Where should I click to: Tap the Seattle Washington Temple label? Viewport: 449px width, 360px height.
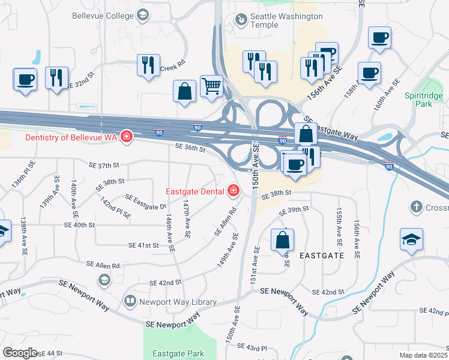[279, 20]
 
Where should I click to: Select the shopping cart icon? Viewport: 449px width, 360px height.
[212, 87]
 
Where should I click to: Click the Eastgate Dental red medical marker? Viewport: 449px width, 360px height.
[233, 192]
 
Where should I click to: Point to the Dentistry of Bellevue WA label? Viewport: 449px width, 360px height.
[71, 137]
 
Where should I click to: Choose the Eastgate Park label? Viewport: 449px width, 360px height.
[178, 353]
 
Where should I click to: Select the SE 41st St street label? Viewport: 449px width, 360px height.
[143, 245]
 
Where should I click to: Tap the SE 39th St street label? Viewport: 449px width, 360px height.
[294, 211]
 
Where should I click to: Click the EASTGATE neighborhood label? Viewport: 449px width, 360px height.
[322, 255]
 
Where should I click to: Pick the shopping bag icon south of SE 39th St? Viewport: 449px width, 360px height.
[282, 241]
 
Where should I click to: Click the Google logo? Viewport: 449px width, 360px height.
[20, 352]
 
